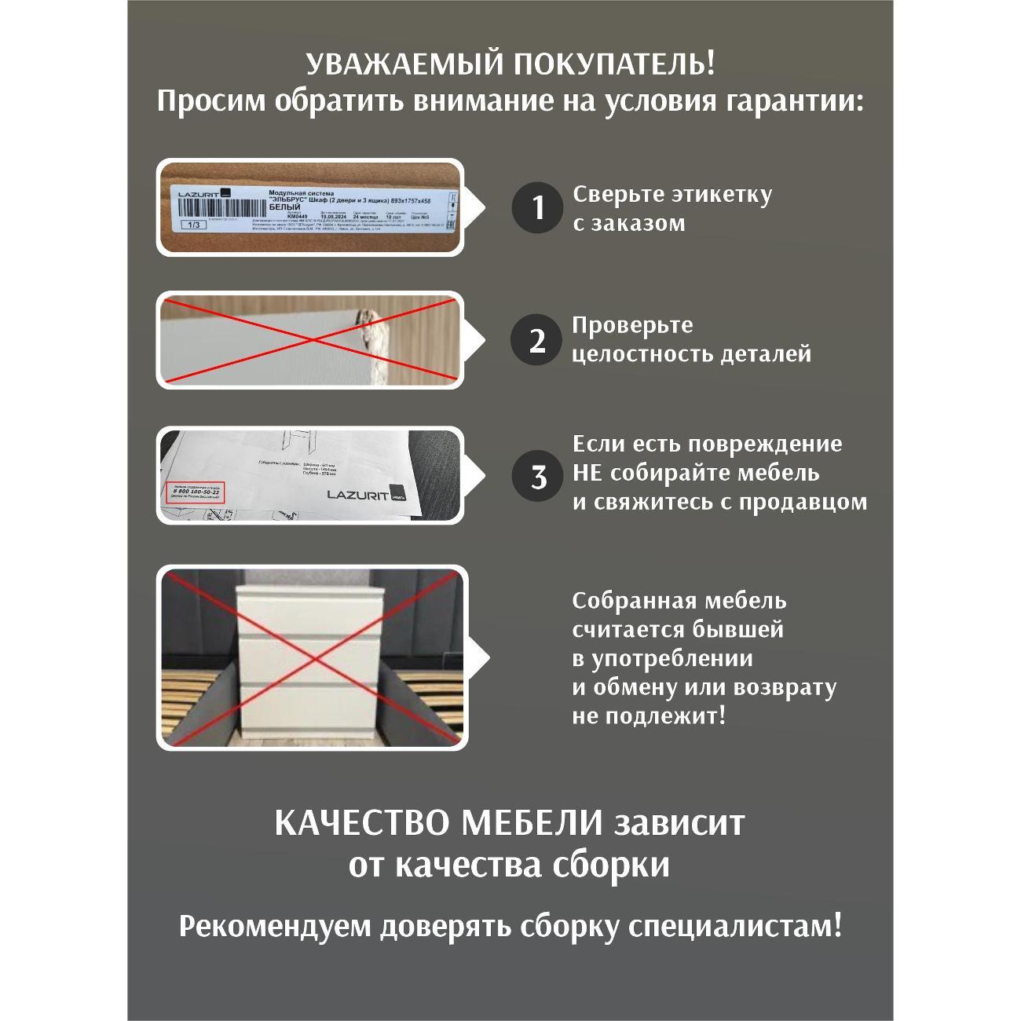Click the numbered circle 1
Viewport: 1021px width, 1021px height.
[x=537, y=208]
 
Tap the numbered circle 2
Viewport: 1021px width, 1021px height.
[x=537, y=341]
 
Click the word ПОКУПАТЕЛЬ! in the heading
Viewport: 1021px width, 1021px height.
[x=614, y=64]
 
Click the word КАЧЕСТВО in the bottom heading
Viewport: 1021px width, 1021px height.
[x=362, y=824]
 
